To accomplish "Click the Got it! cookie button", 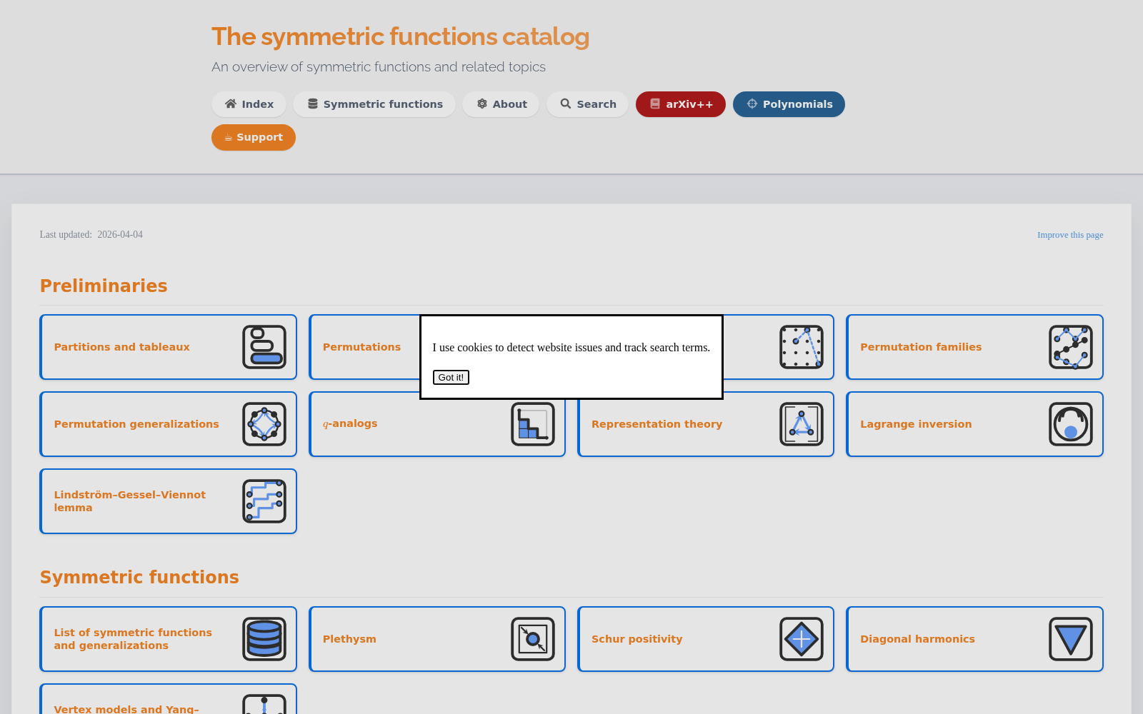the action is [451, 378].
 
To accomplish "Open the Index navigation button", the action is [249, 104].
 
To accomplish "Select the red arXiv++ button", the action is [681, 104].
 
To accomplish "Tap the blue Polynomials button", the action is [789, 104].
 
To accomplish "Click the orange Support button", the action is [254, 137].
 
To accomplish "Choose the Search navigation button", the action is [588, 104].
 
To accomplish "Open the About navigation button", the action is [501, 104].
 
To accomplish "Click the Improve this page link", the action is [1070, 235].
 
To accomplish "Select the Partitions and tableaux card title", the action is [122, 347].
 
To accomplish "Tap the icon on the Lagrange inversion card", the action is [1071, 424].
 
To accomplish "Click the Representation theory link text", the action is [657, 424].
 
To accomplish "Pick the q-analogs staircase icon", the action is [533, 424].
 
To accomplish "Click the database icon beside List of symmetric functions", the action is [264, 639].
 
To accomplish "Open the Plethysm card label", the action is [349, 639].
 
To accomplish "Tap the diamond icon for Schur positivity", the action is [802, 639].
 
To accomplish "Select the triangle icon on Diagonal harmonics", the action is [1071, 639].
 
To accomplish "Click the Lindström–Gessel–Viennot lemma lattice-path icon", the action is [264, 501].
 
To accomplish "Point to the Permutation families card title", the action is [921, 347].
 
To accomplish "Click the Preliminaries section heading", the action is [104, 286].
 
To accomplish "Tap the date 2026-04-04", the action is [120, 235].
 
